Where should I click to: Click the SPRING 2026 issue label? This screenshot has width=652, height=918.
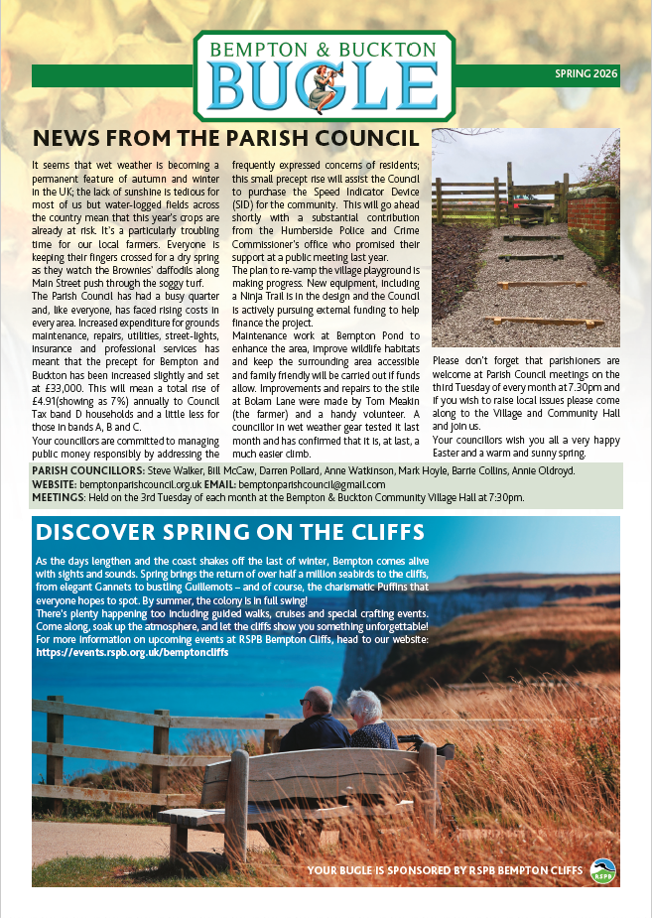[586, 74]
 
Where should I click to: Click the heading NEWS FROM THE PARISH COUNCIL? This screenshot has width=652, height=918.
[226, 138]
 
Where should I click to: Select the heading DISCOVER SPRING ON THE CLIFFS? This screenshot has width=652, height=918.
[229, 531]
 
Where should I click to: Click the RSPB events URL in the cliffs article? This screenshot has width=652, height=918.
[132, 625]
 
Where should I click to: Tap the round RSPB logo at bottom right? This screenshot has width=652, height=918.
[601, 870]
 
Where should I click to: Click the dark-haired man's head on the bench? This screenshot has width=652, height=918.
[318, 701]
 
